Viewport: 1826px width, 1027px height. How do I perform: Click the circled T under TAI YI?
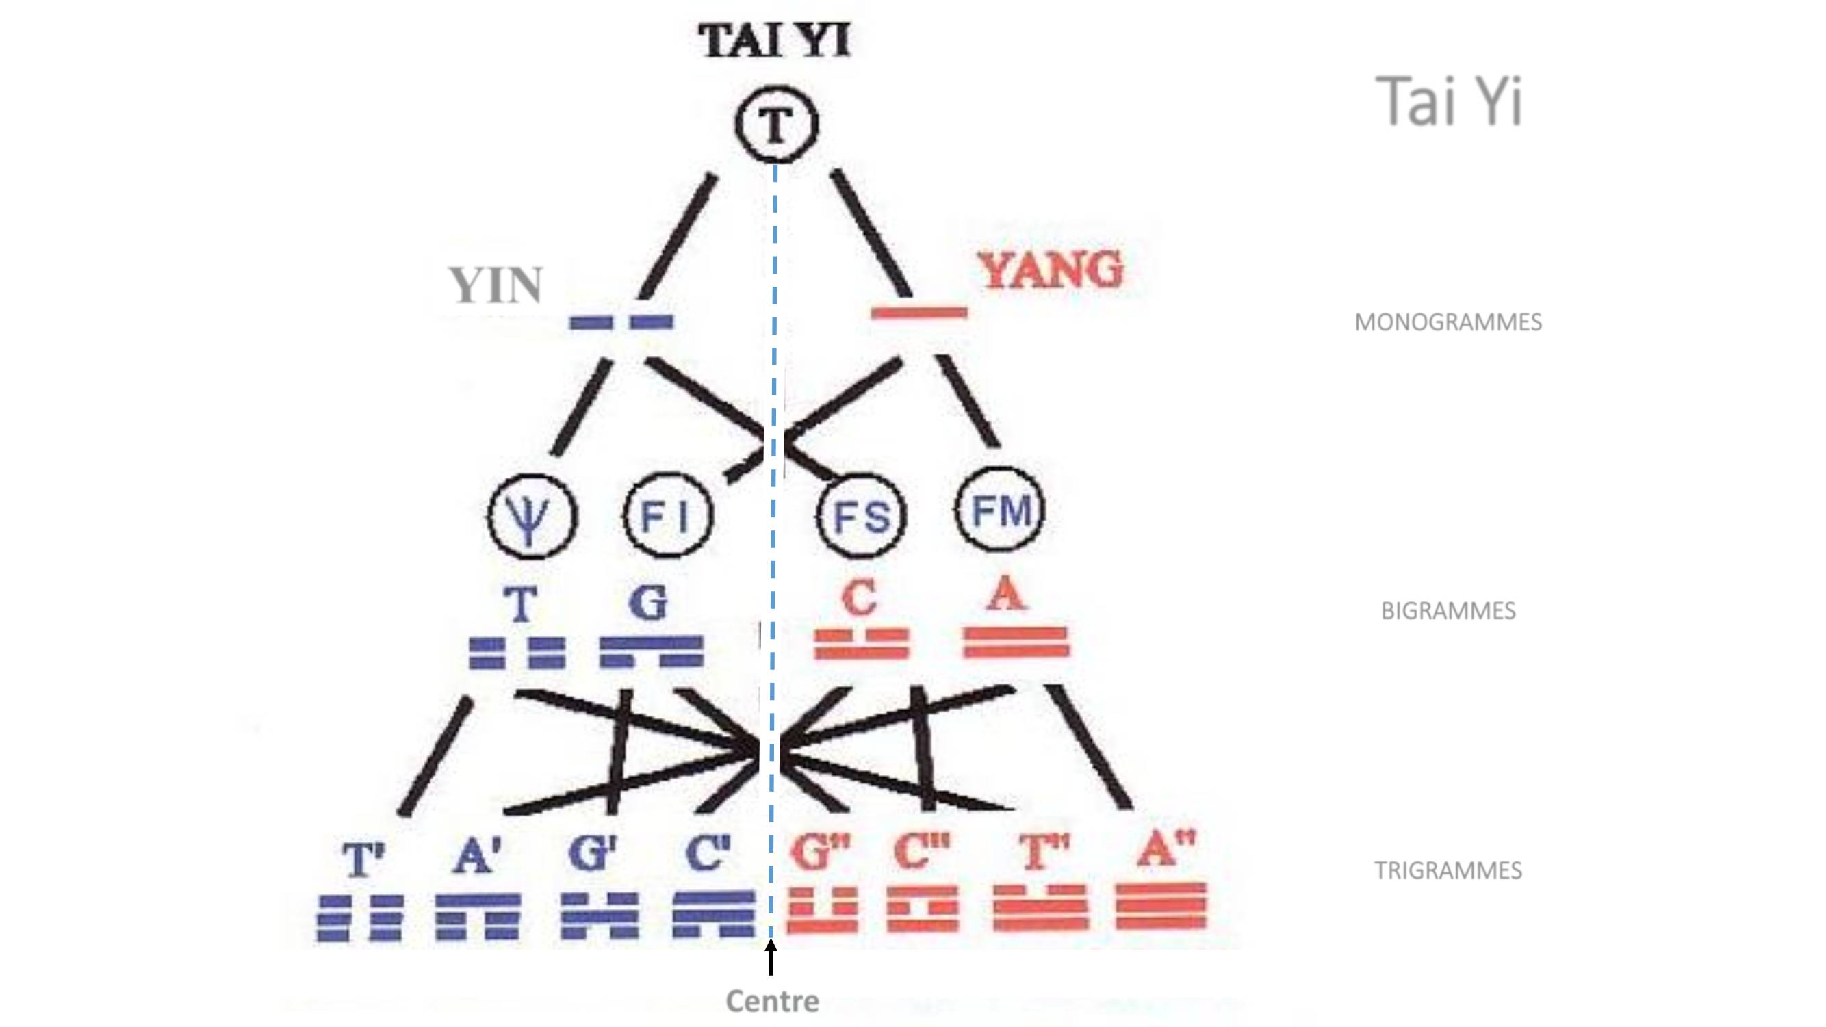[776, 125]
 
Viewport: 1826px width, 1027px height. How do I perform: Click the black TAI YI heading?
[774, 40]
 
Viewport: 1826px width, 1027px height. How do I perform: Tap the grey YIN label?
[496, 285]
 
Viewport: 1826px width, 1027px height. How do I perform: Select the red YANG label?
[1052, 270]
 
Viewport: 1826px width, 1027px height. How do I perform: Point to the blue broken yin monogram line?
[621, 322]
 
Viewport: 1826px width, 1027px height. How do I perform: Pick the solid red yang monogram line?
[918, 313]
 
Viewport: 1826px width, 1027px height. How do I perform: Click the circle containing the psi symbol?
[532, 516]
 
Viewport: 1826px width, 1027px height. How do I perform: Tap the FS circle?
[862, 516]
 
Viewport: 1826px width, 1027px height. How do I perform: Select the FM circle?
[1000, 511]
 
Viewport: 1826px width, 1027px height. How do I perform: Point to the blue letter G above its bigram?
[649, 603]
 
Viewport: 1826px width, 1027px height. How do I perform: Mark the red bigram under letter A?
[1016, 642]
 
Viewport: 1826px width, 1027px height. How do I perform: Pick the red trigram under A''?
[1161, 906]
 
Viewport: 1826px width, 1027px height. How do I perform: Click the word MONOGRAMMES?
[1448, 322]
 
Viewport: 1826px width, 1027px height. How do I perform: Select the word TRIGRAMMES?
[1448, 870]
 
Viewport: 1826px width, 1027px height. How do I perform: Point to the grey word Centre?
[773, 1001]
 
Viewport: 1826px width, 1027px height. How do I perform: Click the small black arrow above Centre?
[771, 957]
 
